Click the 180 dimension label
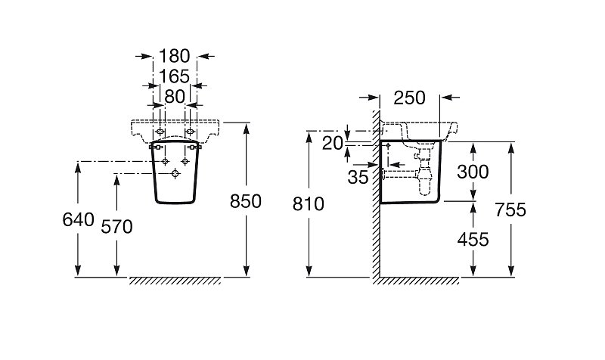(x=175, y=56)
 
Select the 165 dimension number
(x=175, y=76)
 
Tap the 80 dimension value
(x=175, y=97)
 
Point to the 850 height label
(x=246, y=201)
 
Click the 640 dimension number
(x=79, y=220)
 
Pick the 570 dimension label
(x=117, y=227)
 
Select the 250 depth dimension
(x=409, y=98)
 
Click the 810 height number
(x=309, y=204)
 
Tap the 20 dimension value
(x=333, y=144)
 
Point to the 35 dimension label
(x=358, y=178)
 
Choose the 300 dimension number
(x=473, y=172)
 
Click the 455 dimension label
(x=473, y=240)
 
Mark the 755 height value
(x=510, y=210)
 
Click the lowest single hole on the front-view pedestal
(x=175, y=174)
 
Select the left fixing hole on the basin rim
(x=160, y=132)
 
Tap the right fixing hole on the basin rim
(x=190, y=132)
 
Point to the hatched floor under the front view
(x=175, y=281)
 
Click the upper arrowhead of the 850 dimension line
(x=247, y=128)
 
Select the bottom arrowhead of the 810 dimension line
(x=309, y=272)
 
